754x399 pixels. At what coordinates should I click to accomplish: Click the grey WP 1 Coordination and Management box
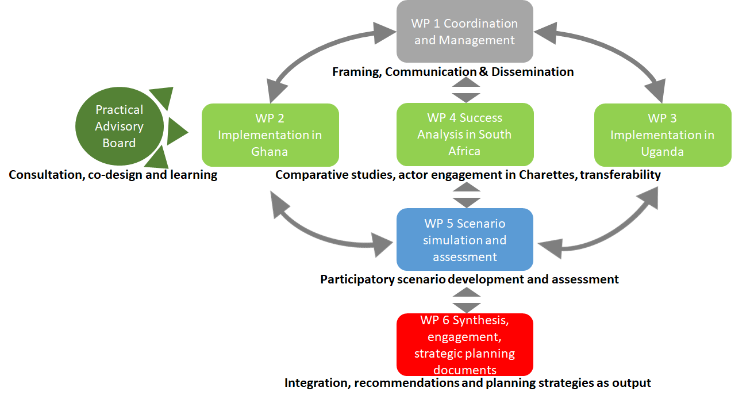464,31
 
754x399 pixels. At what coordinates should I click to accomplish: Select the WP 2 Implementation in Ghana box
270,135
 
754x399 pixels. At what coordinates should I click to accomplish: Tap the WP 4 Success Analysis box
465,135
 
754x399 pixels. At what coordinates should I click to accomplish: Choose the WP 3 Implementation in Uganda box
663,135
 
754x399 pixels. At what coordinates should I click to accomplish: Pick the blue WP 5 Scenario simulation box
465,239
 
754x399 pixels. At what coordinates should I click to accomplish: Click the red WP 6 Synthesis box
465,344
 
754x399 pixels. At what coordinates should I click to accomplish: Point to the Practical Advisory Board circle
120,126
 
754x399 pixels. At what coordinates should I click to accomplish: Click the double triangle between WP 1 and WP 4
466,90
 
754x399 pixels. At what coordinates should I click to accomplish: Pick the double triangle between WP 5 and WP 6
467,300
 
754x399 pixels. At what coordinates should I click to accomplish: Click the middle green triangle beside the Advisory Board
177,131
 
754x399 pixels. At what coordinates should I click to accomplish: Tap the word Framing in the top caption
357,72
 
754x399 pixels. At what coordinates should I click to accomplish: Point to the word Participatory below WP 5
357,279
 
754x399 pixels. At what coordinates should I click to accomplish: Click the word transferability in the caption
620,175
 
